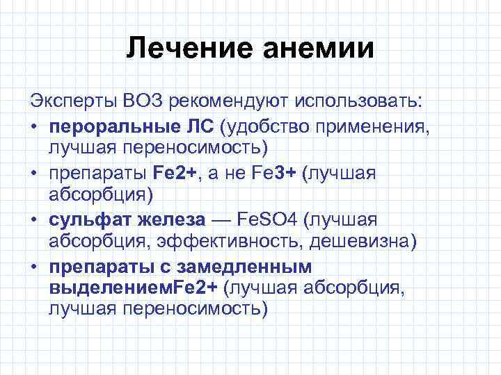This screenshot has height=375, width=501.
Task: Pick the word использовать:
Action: [x=359, y=102]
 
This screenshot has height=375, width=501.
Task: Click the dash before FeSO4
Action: [x=221, y=220]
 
